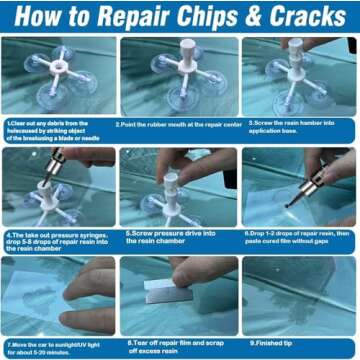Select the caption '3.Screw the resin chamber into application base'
tap(299, 129)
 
